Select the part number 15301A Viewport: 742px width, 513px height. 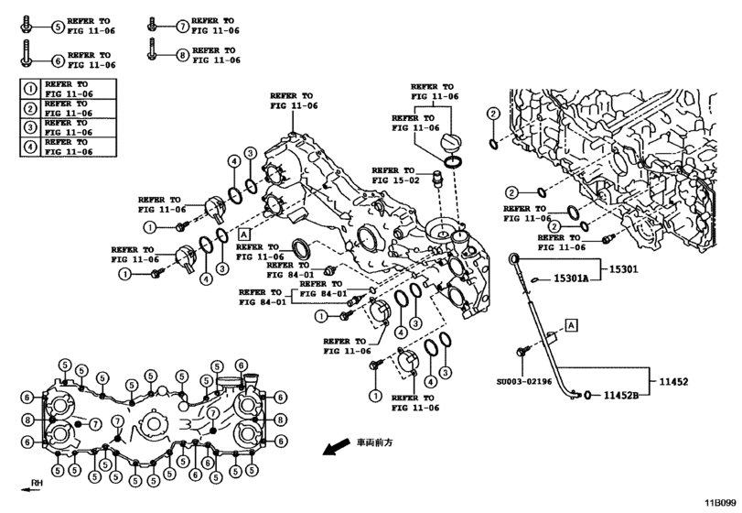coord(571,279)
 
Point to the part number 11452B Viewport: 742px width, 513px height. coord(622,396)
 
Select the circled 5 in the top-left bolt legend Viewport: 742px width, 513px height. coord(57,27)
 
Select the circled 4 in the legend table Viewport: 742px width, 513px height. coord(31,147)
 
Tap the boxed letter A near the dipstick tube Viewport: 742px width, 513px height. coord(570,324)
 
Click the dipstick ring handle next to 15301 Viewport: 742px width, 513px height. coord(514,260)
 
